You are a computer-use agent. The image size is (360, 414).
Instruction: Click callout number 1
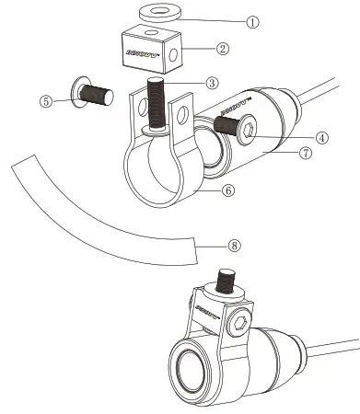click(252, 19)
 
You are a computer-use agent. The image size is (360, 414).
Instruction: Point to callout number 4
click(322, 137)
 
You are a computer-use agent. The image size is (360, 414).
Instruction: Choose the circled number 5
click(46, 102)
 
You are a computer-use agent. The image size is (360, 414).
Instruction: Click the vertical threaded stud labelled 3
click(157, 106)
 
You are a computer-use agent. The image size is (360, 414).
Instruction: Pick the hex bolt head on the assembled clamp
click(241, 322)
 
